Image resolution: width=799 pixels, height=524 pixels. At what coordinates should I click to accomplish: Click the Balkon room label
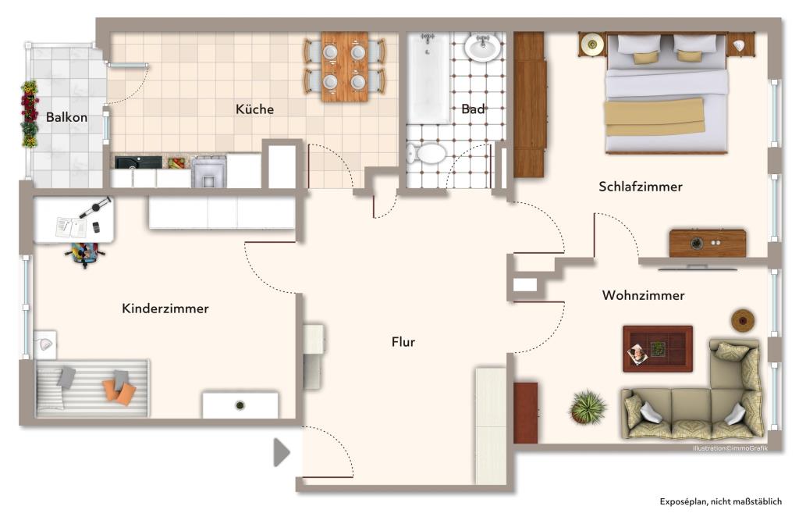click(66, 118)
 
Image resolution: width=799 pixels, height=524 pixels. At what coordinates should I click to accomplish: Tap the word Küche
click(255, 109)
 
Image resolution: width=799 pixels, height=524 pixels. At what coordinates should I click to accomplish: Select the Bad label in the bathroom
click(473, 109)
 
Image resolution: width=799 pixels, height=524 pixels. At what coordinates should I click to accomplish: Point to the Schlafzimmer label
click(641, 187)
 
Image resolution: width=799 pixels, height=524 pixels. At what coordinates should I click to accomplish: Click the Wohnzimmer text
click(643, 295)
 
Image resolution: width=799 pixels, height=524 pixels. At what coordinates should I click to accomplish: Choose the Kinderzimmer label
click(165, 308)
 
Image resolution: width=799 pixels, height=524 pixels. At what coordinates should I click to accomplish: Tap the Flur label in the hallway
click(403, 342)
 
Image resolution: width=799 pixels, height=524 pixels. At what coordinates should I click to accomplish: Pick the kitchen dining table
click(344, 66)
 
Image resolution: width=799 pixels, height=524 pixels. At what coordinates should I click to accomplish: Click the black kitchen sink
click(138, 162)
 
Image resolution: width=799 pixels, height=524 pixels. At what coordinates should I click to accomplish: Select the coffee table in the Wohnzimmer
click(657, 348)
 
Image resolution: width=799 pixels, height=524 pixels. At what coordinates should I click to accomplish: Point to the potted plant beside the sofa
click(588, 407)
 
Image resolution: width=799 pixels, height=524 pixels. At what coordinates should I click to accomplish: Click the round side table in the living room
click(743, 320)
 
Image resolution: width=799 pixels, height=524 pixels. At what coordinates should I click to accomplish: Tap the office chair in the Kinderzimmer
click(86, 253)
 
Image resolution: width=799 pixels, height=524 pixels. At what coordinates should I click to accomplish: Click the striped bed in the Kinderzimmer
click(92, 388)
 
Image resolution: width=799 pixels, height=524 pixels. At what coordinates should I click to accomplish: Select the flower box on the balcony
click(29, 114)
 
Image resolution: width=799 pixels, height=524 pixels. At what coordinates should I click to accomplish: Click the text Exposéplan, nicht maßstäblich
click(720, 501)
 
